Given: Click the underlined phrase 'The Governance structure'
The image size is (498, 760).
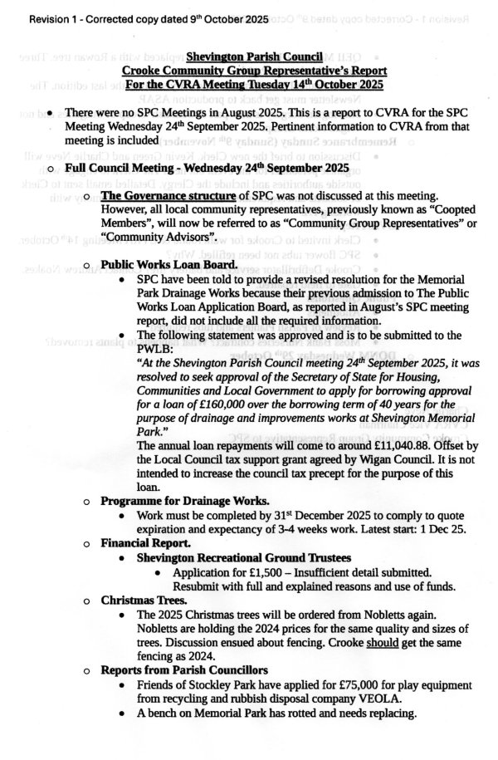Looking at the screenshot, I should pos(167,197).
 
